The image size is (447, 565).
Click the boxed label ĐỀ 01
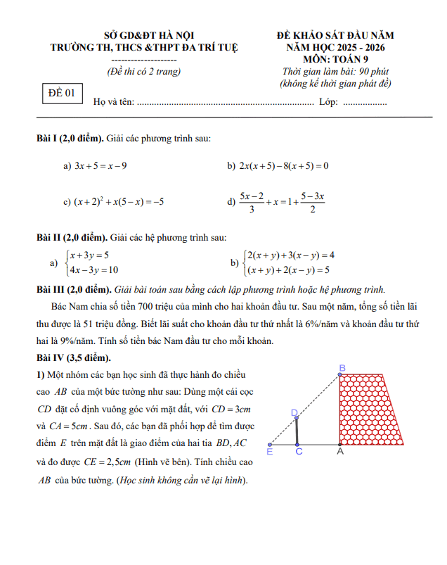(60, 93)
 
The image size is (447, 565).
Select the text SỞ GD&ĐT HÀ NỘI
(149, 35)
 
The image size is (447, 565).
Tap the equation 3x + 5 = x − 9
(101, 166)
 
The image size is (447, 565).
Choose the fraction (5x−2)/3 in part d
(251, 201)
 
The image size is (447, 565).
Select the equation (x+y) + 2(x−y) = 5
(287, 269)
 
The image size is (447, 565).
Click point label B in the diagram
(342, 368)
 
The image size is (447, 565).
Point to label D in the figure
(293, 412)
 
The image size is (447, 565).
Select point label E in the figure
(269, 452)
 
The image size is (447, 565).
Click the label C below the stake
(299, 452)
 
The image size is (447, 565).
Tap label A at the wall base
(340, 452)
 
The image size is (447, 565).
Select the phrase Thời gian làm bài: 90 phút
(335, 72)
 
